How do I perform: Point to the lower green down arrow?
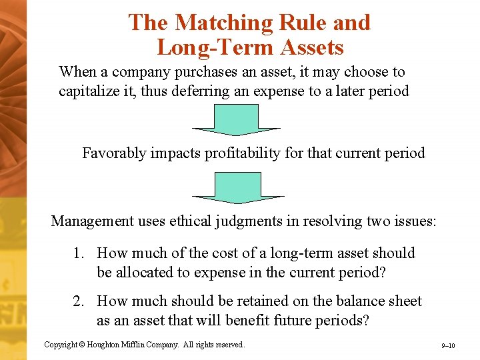[x=237, y=187]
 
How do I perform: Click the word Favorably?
[x=113, y=153]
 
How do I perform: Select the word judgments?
[x=248, y=221]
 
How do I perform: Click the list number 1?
[x=79, y=253]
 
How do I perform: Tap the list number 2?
[x=79, y=301]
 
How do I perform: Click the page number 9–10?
[x=448, y=346]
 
